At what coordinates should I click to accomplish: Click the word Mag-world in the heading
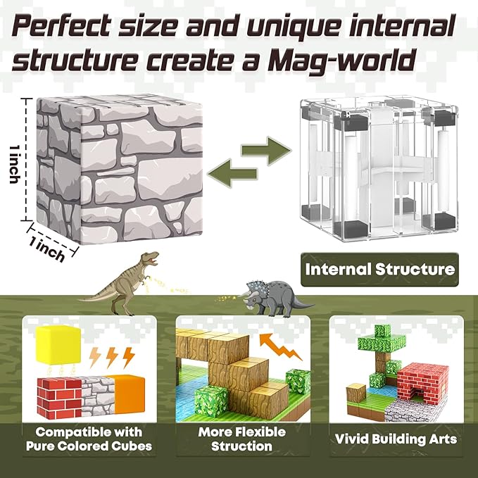tap(355, 61)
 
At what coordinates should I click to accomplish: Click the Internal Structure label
tap(379, 269)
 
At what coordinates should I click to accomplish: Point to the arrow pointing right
tap(267, 150)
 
